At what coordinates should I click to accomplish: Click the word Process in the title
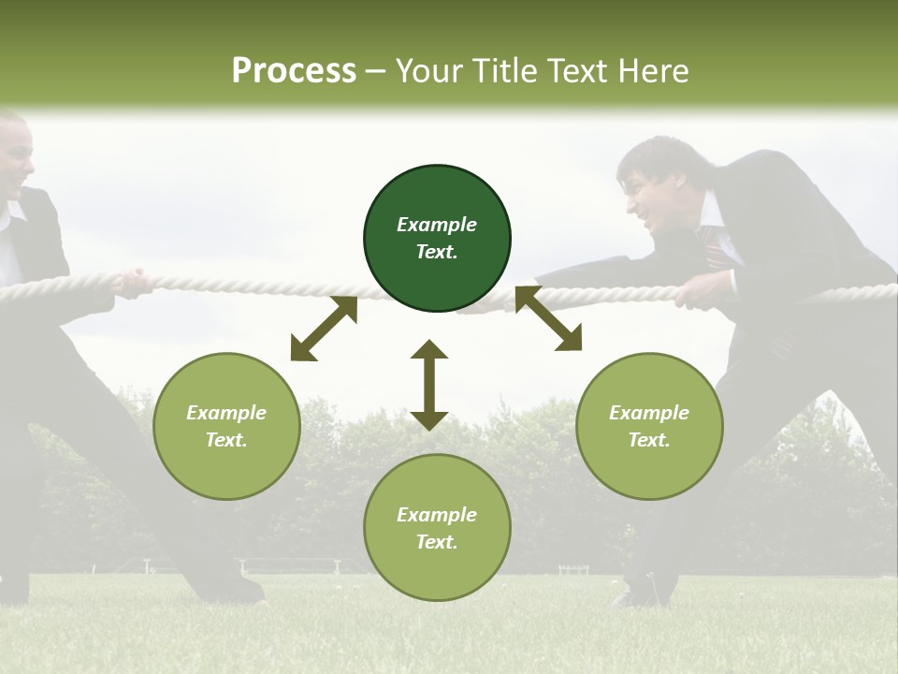(294, 71)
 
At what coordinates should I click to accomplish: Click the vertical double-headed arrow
(429, 385)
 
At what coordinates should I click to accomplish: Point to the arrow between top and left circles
(324, 329)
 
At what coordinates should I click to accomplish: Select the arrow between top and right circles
(548, 318)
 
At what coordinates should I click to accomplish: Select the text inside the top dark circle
(437, 238)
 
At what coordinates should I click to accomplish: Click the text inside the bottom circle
(437, 528)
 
